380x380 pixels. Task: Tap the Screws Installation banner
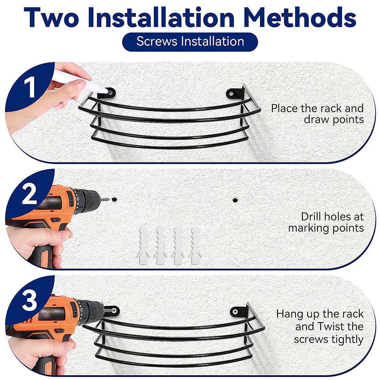pyautogui.click(x=190, y=42)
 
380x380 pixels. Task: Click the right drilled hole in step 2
pyautogui.click(x=235, y=200)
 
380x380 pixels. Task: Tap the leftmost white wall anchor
pyautogui.click(x=143, y=245)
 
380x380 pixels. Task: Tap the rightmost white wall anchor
pyautogui.click(x=195, y=245)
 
